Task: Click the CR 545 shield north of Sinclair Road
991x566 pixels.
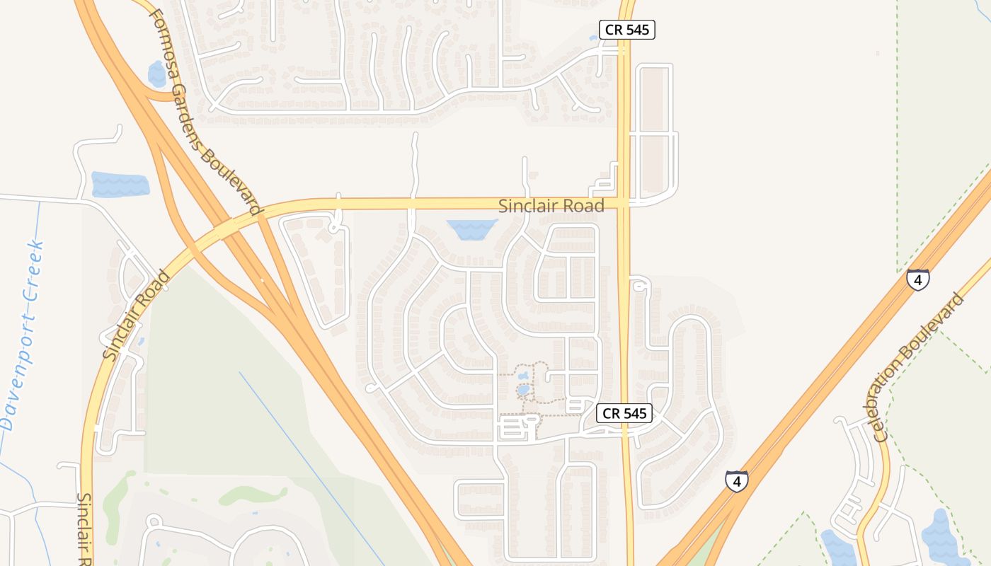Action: tap(626, 30)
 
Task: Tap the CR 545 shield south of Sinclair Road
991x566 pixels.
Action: tap(624, 413)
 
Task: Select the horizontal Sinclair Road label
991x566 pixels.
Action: tap(551, 206)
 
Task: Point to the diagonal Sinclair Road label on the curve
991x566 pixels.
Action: tap(137, 315)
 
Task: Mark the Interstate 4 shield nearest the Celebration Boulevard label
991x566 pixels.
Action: tap(917, 280)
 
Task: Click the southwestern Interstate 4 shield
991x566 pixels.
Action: tap(736, 481)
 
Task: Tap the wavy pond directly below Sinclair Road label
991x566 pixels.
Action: tap(472, 229)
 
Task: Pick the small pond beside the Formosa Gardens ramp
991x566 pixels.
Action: tap(156, 74)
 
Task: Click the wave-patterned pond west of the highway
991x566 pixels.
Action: tap(120, 184)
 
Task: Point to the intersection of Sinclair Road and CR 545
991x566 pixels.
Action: tap(624, 204)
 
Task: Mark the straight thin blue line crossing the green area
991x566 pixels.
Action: tap(311, 467)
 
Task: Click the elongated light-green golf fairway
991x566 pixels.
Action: tap(251, 495)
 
